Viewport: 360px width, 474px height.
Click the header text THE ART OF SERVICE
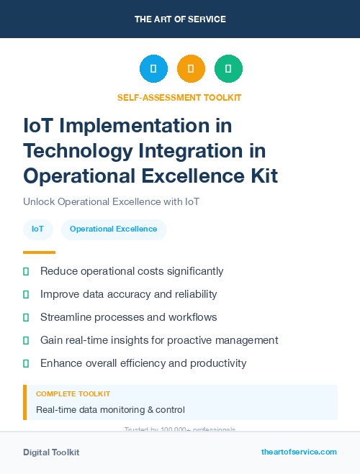pos(180,19)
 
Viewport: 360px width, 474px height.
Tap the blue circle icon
pos(153,69)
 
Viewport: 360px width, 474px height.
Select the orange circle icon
pos(191,69)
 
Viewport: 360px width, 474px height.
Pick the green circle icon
pos(228,69)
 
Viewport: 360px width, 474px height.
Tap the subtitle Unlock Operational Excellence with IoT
pos(111,201)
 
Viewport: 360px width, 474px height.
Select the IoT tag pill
pos(37,229)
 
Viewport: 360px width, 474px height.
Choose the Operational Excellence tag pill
pos(113,229)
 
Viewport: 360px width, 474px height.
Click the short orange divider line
pos(39,252)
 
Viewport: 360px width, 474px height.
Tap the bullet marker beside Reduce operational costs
pos(26,271)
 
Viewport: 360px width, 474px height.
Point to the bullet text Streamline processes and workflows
pos(128,317)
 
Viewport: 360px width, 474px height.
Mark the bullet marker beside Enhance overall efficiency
pos(26,363)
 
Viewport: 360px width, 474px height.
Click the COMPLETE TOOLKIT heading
pos(73,394)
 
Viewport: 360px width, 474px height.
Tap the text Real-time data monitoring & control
pos(110,410)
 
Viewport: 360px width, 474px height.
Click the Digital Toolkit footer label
pos(51,452)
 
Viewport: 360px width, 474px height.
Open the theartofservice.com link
pos(299,452)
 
